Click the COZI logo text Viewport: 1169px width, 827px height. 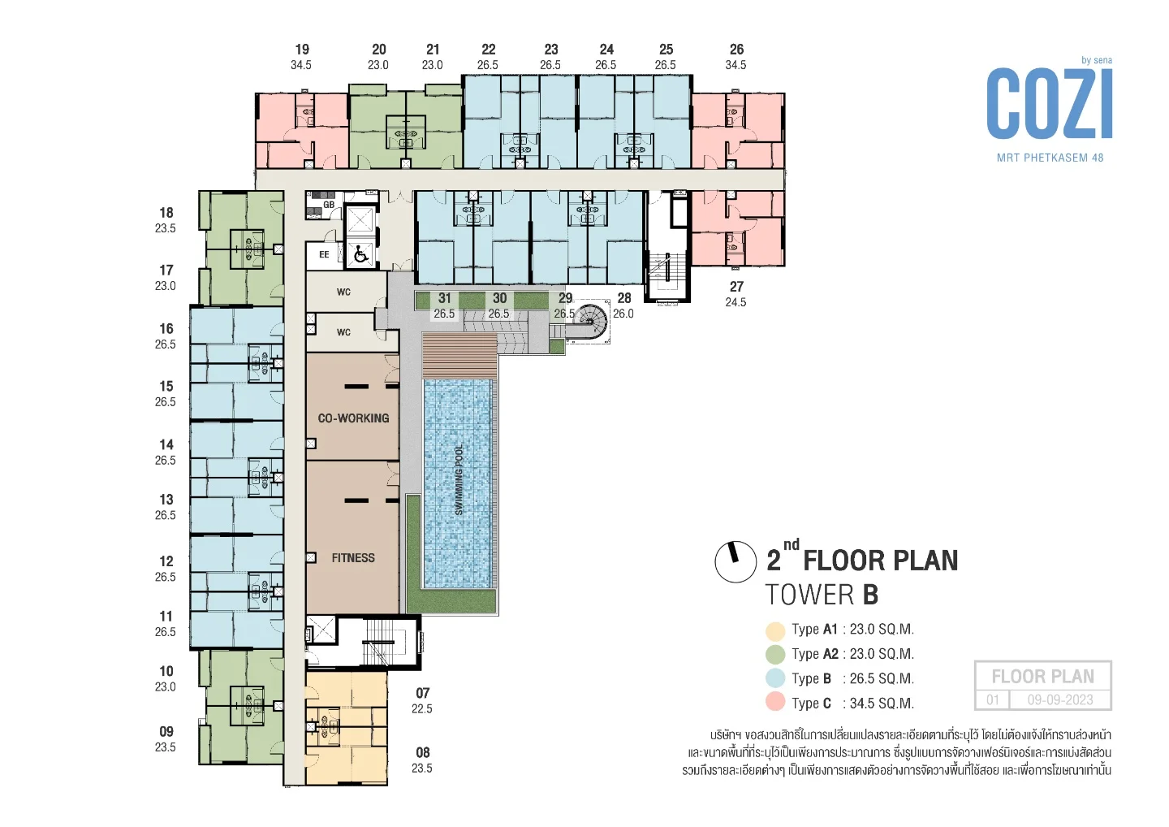[x=1050, y=105]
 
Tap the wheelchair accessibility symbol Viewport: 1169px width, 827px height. [x=360, y=255]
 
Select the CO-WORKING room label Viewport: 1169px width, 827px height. [x=353, y=418]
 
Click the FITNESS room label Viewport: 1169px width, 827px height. [x=353, y=558]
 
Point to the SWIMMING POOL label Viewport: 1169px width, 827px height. [x=459, y=480]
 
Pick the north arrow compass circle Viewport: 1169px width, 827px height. [x=735, y=561]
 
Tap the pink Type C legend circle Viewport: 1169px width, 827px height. [x=775, y=703]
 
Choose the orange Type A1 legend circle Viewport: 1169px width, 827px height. [x=775, y=630]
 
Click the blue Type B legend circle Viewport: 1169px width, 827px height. [x=775, y=678]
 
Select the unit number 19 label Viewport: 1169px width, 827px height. [x=302, y=50]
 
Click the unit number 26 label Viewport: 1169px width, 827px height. [x=736, y=50]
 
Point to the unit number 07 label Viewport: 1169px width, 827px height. [x=423, y=693]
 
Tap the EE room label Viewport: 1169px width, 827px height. [x=324, y=255]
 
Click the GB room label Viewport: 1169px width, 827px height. [x=329, y=205]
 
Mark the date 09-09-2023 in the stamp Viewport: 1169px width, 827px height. [x=1060, y=699]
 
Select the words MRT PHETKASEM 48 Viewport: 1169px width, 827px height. [x=1050, y=158]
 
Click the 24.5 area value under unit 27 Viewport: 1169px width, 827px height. [x=735, y=302]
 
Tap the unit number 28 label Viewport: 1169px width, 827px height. [x=624, y=298]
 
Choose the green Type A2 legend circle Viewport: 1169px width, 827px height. [x=775, y=654]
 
